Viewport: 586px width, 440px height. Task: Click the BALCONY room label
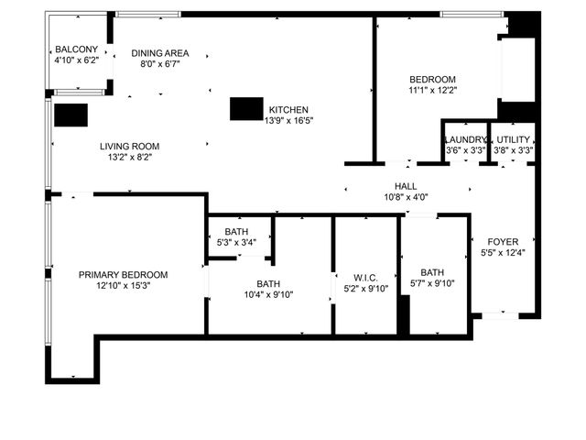click(76, 49)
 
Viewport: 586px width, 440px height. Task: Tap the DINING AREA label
click(160, 53)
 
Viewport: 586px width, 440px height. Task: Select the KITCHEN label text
click(288, 109)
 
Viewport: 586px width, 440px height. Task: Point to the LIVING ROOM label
click(130, 146)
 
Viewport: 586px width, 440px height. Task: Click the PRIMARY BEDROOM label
click(124, 275)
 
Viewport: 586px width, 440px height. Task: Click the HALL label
click(406, 186)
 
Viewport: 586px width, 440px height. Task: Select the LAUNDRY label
click(465, 139)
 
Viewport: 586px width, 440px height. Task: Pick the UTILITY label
click(514, 139)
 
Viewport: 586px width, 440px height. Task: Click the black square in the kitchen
click(245, 108)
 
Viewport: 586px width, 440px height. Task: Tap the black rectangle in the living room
click(71, 115)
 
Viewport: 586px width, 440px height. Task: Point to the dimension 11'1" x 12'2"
click(432, 91)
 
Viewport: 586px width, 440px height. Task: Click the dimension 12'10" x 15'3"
click(124, 286)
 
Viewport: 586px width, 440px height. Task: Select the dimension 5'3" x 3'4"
click(236, 243)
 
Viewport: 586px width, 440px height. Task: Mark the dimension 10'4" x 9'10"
click(268, 294)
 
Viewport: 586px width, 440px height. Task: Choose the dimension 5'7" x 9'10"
click(432, 283)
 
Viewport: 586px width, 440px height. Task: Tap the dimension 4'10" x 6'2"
click(76, 60)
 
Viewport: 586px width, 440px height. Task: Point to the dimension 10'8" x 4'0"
click(406, 197)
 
